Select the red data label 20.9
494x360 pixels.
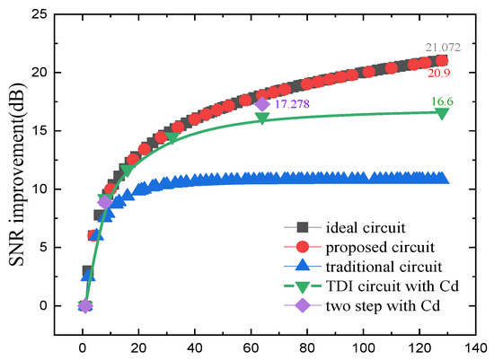click(440, 73)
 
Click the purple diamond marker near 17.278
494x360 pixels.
click(262, 104)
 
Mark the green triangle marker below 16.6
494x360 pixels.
click(442, 113)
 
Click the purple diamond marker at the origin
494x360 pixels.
click(84, 306)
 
